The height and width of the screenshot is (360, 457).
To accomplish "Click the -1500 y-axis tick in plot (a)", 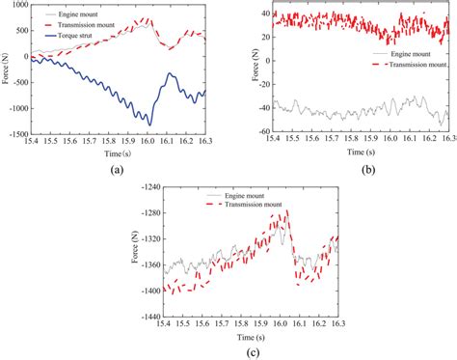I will [16, 135].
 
